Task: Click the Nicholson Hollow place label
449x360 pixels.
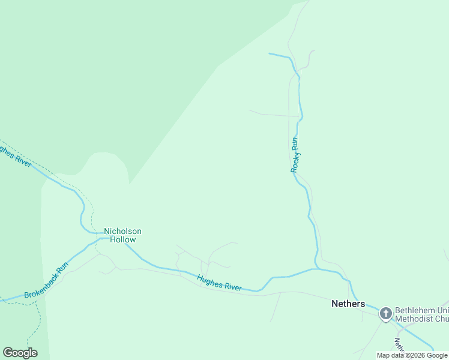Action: coord(122,235)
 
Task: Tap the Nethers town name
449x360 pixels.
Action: coord(348,304)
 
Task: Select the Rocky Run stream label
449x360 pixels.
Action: coord(295,155)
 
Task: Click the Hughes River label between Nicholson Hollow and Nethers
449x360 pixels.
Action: coord(220,283)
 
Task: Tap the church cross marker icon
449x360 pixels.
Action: coord(385,313)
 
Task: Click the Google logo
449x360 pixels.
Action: coord(20,352)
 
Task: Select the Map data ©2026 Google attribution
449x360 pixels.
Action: coord(412,355)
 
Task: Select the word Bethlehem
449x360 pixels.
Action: coord(414,310)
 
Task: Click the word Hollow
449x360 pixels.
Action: coord(122,239)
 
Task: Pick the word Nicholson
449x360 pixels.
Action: coord(122,231)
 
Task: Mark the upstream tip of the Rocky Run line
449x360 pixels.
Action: coord(269,54)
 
